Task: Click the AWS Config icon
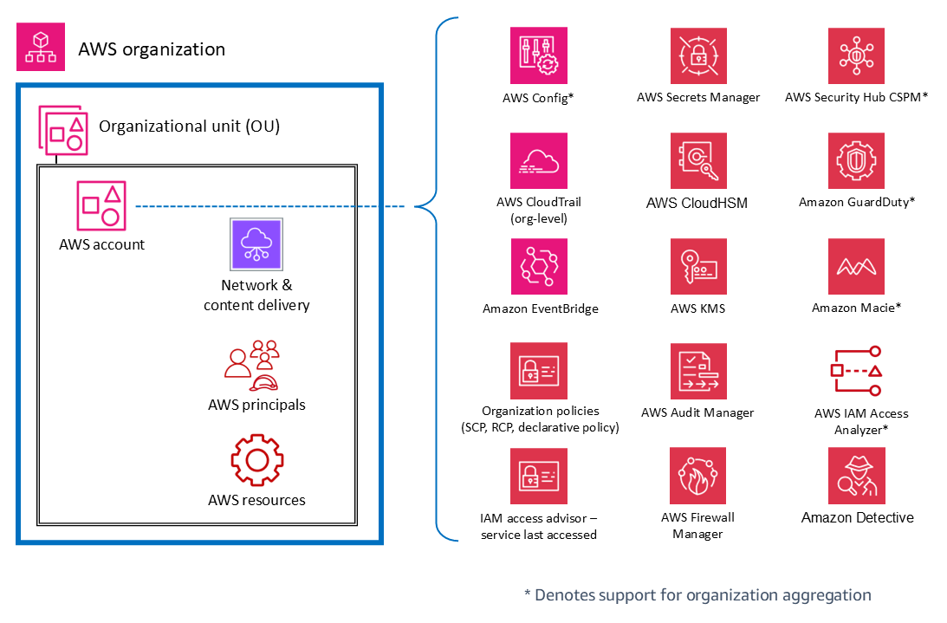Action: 539,55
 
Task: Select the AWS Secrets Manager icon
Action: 698,55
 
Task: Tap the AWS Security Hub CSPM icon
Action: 856,55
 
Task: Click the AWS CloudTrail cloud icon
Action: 539,161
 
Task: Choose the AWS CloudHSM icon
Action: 698,161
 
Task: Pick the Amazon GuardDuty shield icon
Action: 856,161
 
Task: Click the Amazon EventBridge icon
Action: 539,267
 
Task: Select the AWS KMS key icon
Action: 698,267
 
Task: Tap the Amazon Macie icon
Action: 856,267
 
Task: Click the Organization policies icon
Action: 539,371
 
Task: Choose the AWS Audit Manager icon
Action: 698,371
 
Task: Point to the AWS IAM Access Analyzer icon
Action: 856,371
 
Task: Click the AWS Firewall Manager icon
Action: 698,476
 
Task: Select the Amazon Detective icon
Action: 856,476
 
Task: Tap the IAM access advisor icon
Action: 539,476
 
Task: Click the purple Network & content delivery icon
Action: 257,244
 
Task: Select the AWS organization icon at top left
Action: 41,47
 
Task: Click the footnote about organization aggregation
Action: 697,595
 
